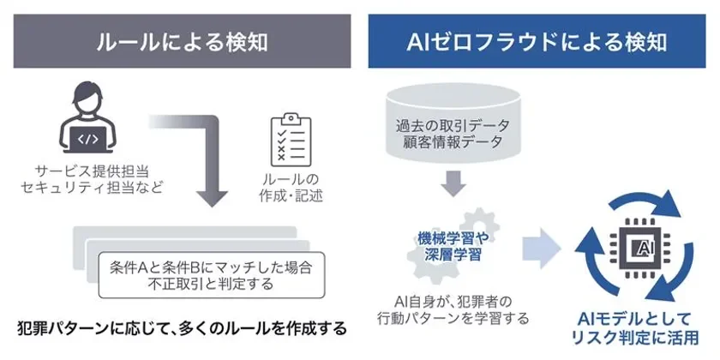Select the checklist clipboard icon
click(289, 141)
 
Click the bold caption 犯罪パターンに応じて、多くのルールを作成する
click(182, 327)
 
